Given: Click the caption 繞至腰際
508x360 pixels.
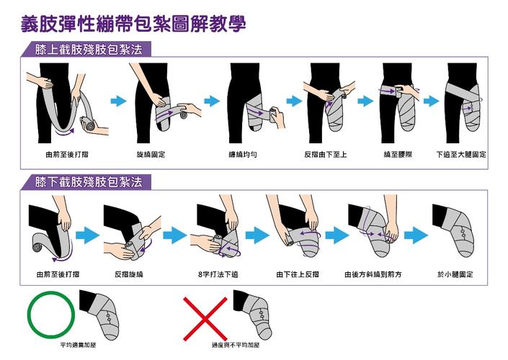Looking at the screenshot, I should tap(398, 155).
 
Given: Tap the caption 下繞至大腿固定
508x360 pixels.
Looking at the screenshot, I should tap(462, 155).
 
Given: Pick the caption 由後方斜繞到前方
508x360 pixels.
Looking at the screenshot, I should tap(373, 274).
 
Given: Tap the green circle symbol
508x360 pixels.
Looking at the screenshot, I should tap(51, 314).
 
